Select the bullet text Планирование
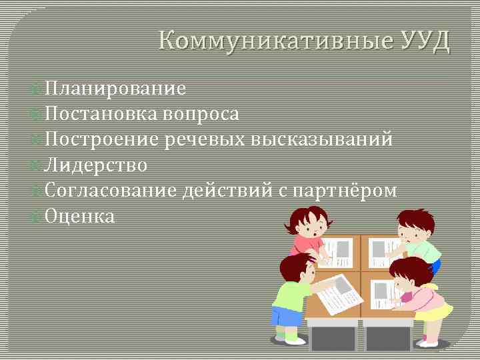point(116,89)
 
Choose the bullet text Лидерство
point(97,165)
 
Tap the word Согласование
point(112,191)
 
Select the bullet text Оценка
point(80,216)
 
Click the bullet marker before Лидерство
point(38,165)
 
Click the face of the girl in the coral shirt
point(307,229)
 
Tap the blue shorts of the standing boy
point(287,316)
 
